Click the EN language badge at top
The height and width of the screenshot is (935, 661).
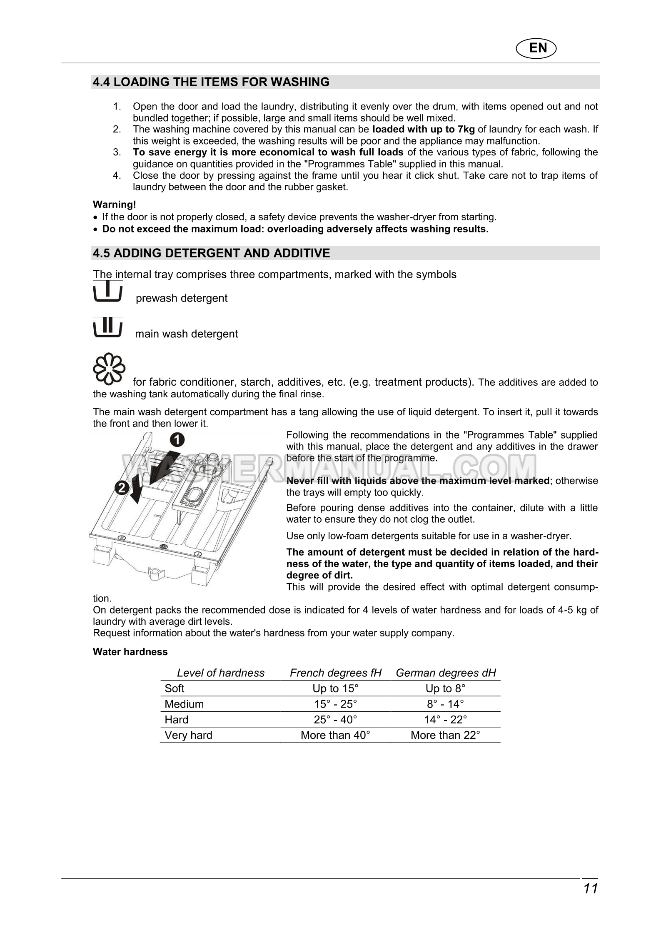(537, 48)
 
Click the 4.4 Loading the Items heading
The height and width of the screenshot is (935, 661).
(211, 82)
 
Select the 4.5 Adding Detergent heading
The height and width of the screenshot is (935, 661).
(211, 253)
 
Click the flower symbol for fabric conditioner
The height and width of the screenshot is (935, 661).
(109, 369)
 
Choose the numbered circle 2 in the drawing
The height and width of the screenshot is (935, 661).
(122, 488)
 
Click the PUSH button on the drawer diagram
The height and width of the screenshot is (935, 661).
(191, 497)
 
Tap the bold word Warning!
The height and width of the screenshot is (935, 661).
(114, 204)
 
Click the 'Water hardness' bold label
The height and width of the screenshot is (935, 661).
(130, 652)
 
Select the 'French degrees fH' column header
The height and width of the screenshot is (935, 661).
(335, 673)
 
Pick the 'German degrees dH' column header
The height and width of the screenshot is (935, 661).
(446, 673)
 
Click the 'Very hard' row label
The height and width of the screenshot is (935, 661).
(188, 735)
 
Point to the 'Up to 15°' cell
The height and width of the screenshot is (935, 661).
(335, 688)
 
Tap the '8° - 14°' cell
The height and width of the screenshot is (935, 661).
(445, 704)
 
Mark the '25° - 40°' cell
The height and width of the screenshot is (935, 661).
(335, 720)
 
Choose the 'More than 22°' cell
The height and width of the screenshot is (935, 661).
(445, 735)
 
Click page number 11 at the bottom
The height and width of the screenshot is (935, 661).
(590, 888)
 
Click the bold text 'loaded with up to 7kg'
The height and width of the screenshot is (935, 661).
(423, 129)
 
